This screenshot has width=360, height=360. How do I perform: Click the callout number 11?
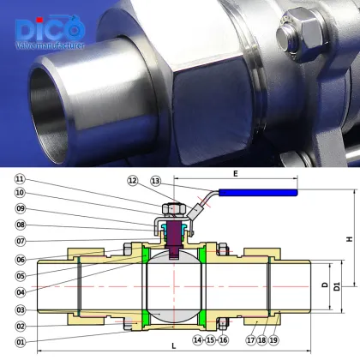(x=19, y=178)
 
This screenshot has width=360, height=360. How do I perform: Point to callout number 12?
(x=132, y=180)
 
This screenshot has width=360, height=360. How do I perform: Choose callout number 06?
(x=19, y=260)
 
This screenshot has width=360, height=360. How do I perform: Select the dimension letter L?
(x=174, y=345)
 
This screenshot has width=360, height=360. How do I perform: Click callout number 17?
(x=250, y=340)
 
